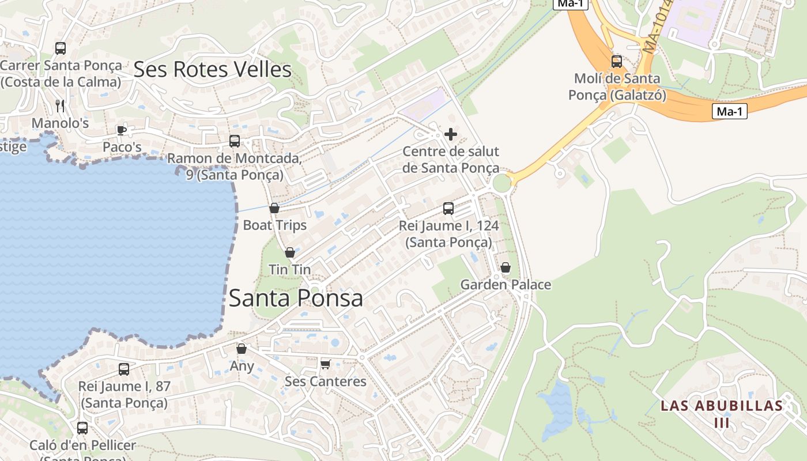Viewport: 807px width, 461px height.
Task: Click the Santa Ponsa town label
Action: coord(296,298)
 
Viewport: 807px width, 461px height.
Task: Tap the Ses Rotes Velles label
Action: coord(212,70)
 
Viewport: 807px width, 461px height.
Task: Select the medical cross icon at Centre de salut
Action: coord(451,135)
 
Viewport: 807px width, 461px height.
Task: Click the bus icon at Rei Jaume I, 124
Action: coord(448,209)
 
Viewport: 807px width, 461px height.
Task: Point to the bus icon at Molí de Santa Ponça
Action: coord(617,61)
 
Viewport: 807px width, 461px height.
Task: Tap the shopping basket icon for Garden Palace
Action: coord(506,267)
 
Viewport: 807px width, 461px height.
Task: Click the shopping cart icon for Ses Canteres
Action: coord(325,364)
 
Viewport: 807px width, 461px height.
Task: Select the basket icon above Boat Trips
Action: coord(274,208)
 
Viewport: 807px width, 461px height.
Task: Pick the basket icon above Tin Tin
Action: coord(290,252)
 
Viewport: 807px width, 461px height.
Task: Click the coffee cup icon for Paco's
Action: coord(122,130)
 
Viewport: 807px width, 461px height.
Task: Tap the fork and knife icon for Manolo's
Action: coord(60,105)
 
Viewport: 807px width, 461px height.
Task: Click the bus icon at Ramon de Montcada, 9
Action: coord(234,141)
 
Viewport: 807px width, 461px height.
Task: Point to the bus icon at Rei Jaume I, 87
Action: coord(124,369)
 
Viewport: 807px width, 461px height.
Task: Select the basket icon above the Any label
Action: coord(242,349)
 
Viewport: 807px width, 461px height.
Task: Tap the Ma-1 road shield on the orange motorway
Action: coord(729,112)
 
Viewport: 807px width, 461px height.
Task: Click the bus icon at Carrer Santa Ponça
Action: coord(61,48)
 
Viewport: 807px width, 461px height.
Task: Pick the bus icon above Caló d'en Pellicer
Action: coord(82,428)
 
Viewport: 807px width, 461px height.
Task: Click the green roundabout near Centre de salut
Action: coord(501,183)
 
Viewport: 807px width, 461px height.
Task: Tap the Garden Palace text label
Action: coord(506,285)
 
